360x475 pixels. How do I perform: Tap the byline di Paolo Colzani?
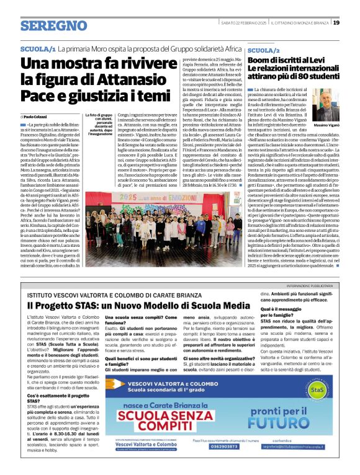coord(38,116)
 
